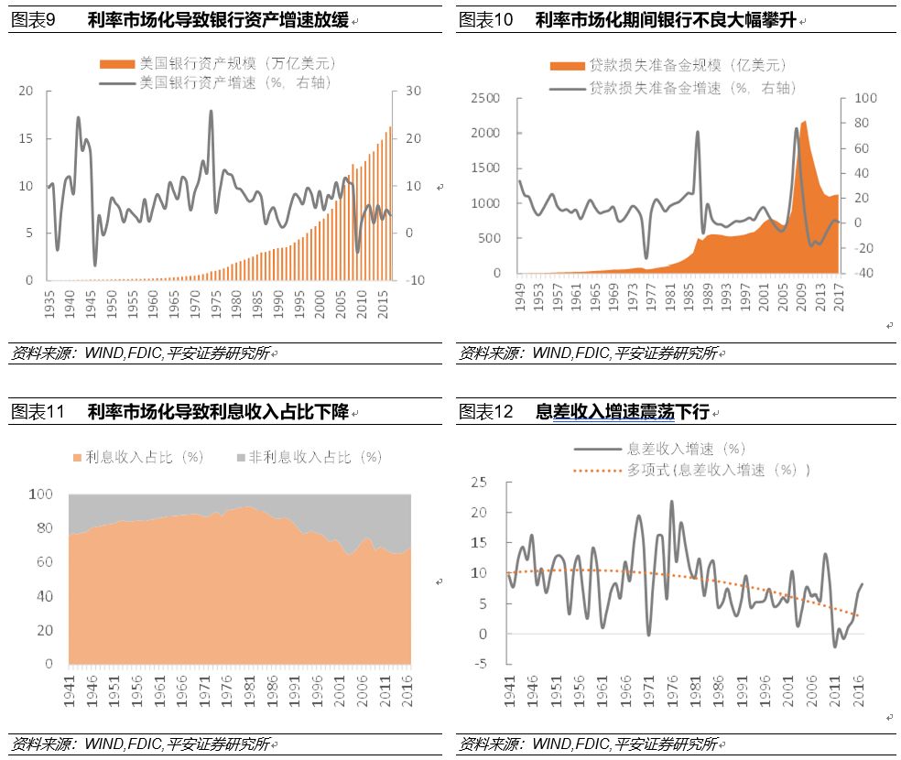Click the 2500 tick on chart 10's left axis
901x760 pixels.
click(x=485, y=99)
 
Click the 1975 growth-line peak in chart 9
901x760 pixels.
click(x=212, y=112)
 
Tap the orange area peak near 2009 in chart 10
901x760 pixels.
click(x=804, y=121)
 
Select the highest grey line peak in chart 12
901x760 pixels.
click(x=671, y=502)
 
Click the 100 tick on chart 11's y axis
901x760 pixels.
click(x=42, y=494)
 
